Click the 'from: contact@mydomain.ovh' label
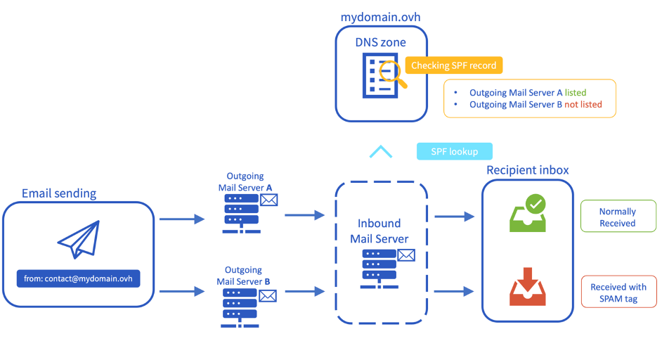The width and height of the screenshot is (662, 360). (x=78, y=279)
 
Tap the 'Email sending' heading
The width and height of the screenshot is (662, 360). (x=59, y=193)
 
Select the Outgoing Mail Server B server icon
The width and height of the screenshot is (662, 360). (x=240, y=307)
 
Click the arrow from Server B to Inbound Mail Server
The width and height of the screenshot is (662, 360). (x=304, y=290)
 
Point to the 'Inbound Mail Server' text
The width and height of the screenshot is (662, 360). (x=379, y=231)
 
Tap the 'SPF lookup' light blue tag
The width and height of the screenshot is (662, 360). (x=454, y=151)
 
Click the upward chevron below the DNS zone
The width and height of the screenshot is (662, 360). (x=381, y=151)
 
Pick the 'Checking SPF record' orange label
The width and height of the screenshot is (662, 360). (x=453, y=65)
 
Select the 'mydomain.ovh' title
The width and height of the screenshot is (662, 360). (x=380, y=15)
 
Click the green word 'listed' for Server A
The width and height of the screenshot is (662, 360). (x=575, y=92)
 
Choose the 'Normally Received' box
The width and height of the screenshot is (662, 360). (x=617, y=217)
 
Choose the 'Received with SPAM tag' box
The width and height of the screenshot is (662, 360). (x=618, y=292)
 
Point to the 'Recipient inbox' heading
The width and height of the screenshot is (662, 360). (x=527, y=170)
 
